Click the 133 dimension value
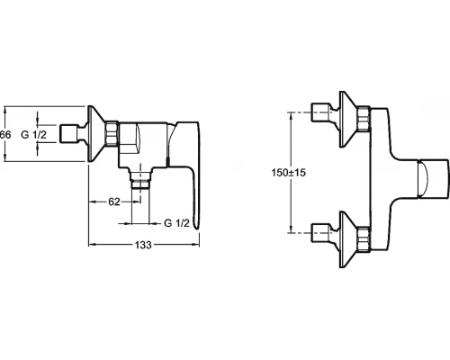(x=143, y=245)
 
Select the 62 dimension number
(x=114, y=202)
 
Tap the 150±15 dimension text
(x=289, y=173)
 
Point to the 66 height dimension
(x=5, y=135)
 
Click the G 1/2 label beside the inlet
(x=34, y=135)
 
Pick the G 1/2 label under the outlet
(x=177, y=223)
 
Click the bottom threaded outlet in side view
(x=140, y=179)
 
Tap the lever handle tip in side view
(x=196, y=226)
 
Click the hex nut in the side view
(x=112, y=134)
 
